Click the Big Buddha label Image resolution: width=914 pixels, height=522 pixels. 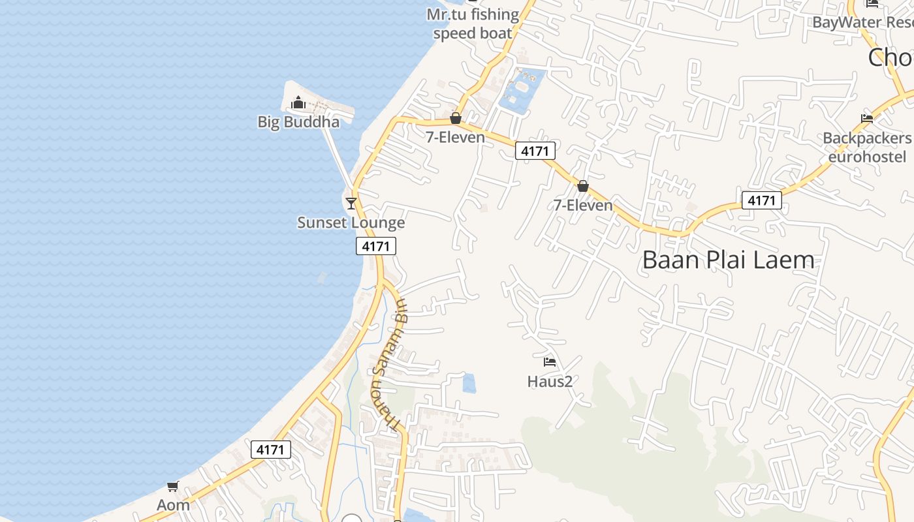298,122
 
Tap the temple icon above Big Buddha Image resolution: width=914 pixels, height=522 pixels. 298,102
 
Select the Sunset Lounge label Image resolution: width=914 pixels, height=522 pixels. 351,223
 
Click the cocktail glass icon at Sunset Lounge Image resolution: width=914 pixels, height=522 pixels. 351,203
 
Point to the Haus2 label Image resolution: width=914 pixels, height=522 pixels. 550,381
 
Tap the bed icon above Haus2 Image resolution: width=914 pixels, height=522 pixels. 550,361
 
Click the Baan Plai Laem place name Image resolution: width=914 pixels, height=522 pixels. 728,260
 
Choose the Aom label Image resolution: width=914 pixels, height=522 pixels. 173,505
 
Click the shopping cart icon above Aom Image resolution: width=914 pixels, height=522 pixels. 173,486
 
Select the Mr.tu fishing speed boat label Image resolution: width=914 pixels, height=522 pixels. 473,23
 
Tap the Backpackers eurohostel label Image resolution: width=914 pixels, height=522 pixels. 867,147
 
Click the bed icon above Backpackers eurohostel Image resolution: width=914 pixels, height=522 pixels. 867,119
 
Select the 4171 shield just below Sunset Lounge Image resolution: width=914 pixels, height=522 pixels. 376,246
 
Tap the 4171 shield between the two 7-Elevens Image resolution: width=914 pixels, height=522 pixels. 535,151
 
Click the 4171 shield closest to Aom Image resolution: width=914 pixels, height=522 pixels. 271,450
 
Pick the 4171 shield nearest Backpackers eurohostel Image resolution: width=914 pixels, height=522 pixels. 762,200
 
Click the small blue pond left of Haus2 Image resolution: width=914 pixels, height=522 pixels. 469,383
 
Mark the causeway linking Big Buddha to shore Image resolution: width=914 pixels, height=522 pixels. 338,157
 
